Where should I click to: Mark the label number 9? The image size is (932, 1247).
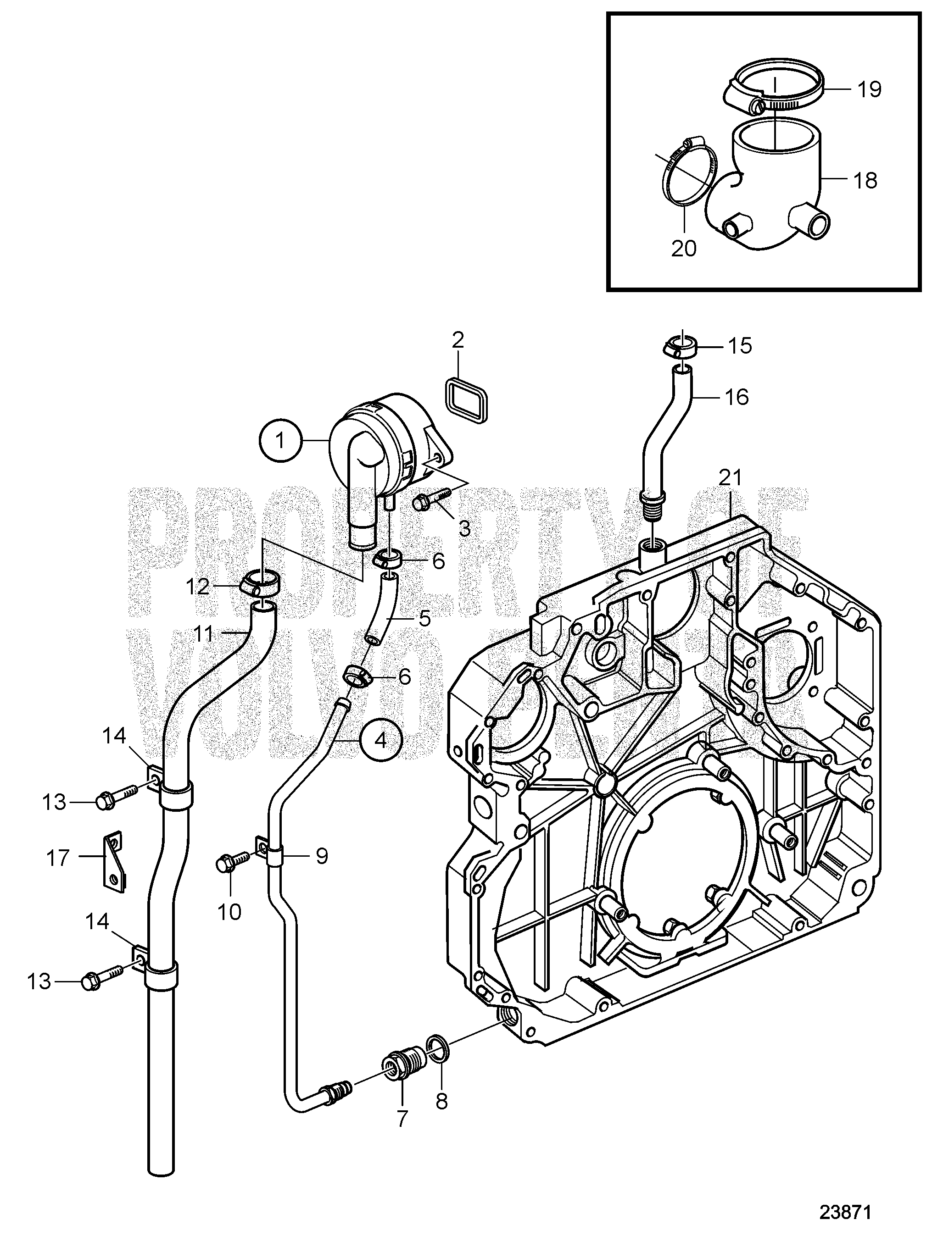321,872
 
